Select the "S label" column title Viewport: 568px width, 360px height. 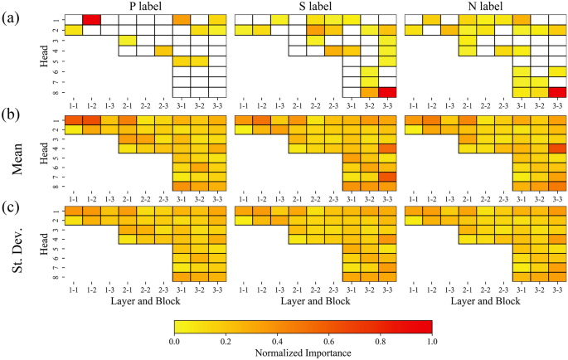coord(314,7)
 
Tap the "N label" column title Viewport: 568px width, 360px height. coord(483,7)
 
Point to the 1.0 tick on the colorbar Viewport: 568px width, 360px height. coord(432,340)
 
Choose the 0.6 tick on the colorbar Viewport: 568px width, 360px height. coord(329,340)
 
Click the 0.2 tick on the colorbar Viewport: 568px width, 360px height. coord(226,340)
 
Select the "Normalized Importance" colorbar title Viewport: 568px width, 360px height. coord(303,353)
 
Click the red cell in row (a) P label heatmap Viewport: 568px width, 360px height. coord(91,19)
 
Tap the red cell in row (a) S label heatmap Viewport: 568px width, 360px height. coord(387,92)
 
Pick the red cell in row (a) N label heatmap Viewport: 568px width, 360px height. coord(557,92)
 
